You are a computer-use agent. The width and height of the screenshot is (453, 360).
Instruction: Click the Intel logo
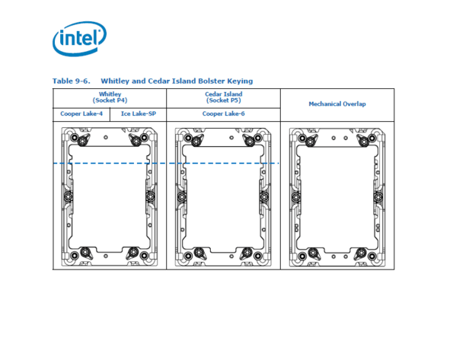pyautogui.click(x=79, y=38)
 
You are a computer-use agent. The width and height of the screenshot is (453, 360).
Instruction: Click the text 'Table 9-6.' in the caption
pyautogui.click(x=71, y=81)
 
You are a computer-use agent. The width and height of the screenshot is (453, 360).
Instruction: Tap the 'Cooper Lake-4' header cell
pyautogui.click(x=81, y=113)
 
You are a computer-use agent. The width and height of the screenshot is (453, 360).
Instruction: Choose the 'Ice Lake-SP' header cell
pyautogui.click(x=139, y=113)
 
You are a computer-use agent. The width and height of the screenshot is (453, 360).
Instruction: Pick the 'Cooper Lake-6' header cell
pyautogui.click(x=223, y=113)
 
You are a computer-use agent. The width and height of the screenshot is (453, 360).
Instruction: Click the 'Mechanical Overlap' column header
pyautogui.click(x=337, y=104)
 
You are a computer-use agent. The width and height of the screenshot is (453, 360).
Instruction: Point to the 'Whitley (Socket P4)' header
pyautogui.click(x=110, y=97)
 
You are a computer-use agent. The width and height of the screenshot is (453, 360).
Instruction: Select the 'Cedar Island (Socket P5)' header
pyautogui.click(x=223, y=97)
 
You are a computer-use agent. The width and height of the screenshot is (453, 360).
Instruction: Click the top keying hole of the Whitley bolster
pyautogui.click(x=106, y=137)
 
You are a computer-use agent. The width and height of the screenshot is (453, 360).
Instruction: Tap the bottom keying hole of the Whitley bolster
pyautogui.click(x=106, y=256)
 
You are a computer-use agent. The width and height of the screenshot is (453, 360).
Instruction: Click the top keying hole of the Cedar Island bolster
pyautogui.click(x=231, y=138)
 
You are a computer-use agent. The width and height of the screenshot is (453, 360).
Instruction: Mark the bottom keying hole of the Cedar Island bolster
pyautogui.click(x=231, y=256)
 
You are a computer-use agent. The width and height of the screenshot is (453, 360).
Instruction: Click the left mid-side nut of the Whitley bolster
pyautogui.click(x=68, y=196)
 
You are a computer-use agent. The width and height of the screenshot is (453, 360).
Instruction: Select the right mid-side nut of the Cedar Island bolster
pyautogui.click(x=264, y=197)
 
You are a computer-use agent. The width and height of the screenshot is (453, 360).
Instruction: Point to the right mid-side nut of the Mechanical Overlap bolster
pyautogui.click(x=378, y=197)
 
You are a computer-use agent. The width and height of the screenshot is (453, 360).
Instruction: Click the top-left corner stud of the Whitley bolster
pyautogui.click(x=75, y=137)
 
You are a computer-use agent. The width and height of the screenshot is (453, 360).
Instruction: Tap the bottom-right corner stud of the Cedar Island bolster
pyautogui.click(x=257, y=256)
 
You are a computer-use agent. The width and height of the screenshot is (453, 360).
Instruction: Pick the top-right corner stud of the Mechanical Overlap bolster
pyautogui.click(x=372, y=138)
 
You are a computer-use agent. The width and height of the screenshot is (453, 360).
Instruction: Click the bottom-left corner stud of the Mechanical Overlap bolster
pyautogui.click(x=302, y=256)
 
